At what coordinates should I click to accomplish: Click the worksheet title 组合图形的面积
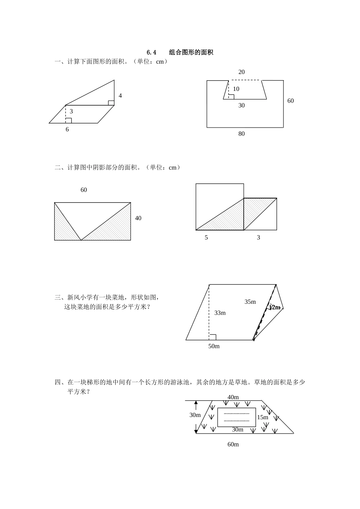(191, 53)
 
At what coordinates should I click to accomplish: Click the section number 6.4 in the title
(151, 53)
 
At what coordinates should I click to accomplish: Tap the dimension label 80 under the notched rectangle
(241, 134)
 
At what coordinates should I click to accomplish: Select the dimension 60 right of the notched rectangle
(290, 101)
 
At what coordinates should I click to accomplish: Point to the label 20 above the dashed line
(241, 72)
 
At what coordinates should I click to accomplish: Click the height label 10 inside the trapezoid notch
(236, 89)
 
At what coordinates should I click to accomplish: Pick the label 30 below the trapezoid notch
(241, 106)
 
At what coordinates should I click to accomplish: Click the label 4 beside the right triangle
(120, 96)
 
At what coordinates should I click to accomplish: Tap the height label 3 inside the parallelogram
(71, 112)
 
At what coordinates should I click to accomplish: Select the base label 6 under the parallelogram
(67, 130)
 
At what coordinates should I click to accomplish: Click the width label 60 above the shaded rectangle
(84, 190)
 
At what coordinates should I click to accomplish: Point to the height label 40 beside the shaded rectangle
(138, 219)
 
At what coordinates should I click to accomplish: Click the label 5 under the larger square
(206, 238)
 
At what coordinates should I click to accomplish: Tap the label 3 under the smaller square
(258, 238)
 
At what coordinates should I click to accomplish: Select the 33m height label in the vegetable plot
(220, 313)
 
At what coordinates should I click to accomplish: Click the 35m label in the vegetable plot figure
(250, 302)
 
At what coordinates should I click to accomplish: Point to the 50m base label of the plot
(214, 346)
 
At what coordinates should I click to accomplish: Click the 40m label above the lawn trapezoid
(233, 397)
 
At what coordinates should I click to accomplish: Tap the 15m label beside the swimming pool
(263, 417)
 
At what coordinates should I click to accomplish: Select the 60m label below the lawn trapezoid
(233, 445)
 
